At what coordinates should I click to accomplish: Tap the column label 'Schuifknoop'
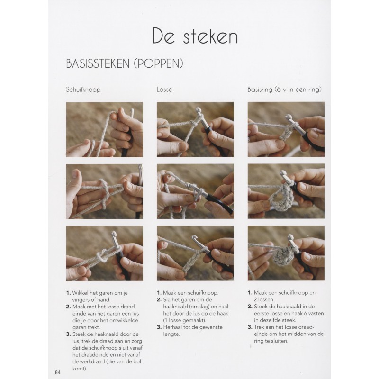(x=83, y=89)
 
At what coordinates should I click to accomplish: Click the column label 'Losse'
(x=164, y=89)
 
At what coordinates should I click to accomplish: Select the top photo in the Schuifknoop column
(x=104, y=129)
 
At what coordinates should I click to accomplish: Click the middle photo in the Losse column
(x=195, y=191)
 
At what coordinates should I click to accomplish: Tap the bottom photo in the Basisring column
(x=286, y=253)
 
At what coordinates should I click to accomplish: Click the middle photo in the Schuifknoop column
(x=104, y=191)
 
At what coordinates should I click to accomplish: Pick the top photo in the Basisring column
(x=286, y=129)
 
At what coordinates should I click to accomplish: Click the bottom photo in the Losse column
(x=195, y=253)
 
